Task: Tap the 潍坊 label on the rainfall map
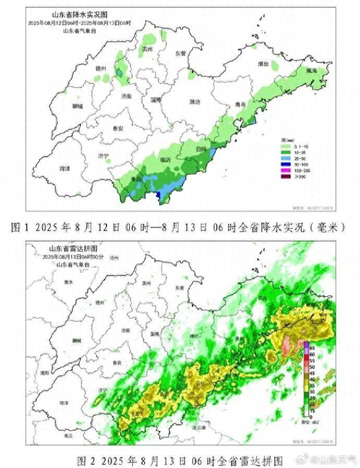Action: [x=194, y=102]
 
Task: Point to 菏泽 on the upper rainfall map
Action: [x=65, y=169]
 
